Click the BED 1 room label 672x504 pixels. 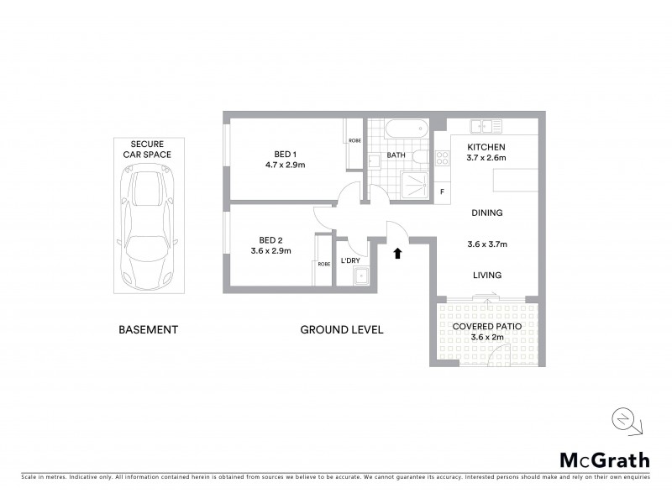click(285, 154)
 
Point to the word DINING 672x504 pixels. click(486, 213)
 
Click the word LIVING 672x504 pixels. click(486, 275)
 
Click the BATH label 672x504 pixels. click(396, 155)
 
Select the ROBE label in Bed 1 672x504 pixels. click(354, 140)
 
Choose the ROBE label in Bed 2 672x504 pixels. click(324, 264)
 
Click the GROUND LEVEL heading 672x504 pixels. click(342, 330)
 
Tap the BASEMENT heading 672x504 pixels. click(148, 330)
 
